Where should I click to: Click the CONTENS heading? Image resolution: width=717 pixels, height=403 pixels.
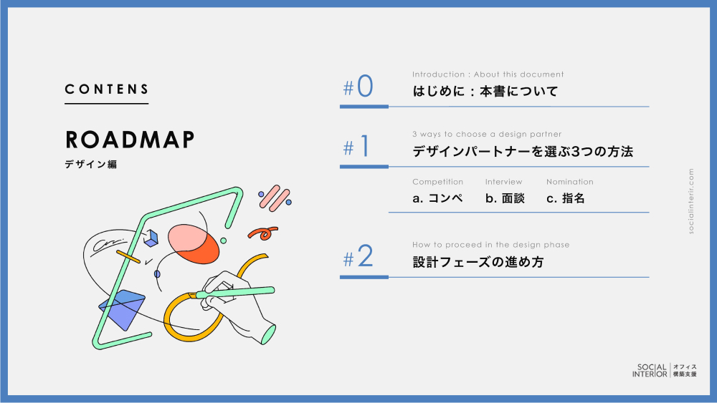[x=107, y=89]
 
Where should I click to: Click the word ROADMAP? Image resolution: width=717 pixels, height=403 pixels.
[x=130, y=140]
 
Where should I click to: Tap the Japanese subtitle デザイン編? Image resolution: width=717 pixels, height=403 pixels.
[x=90, y=165]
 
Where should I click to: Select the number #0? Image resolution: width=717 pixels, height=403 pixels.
[x=358, y=87]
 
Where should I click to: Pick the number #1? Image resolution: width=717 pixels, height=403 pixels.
[x=356, y=147]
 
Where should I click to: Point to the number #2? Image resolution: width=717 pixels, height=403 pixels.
[x=358, y=256]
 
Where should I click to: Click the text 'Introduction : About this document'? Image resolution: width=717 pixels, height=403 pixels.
[x=488, y=74]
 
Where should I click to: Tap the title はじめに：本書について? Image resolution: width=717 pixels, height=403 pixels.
[x=485, y=92]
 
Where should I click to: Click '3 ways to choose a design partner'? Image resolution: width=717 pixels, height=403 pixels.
[x=487, y=134]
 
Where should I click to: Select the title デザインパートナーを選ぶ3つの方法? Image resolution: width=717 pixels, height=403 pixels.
[x=523, y=152]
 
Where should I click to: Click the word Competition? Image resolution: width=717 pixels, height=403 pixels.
[x=437, y=182]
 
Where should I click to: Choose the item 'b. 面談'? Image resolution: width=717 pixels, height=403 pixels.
[x=505, y=198]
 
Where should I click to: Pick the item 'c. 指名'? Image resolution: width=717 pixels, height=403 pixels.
[x=566, y=198]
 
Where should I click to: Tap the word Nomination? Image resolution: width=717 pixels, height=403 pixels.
[x=570, y=182]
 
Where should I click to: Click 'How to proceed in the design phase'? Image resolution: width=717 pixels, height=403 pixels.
[x=490, y=245]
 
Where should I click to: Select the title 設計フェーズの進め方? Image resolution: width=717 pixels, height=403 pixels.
[x=478, y=262]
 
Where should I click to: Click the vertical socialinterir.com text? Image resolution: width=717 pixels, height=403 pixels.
[x=691, y=201]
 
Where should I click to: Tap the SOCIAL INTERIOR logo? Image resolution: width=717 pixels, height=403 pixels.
[x=665, y=370]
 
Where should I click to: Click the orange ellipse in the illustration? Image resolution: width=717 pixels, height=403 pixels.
[x=201, y=248]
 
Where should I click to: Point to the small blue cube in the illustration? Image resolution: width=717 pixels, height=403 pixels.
[x=151, y=238]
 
